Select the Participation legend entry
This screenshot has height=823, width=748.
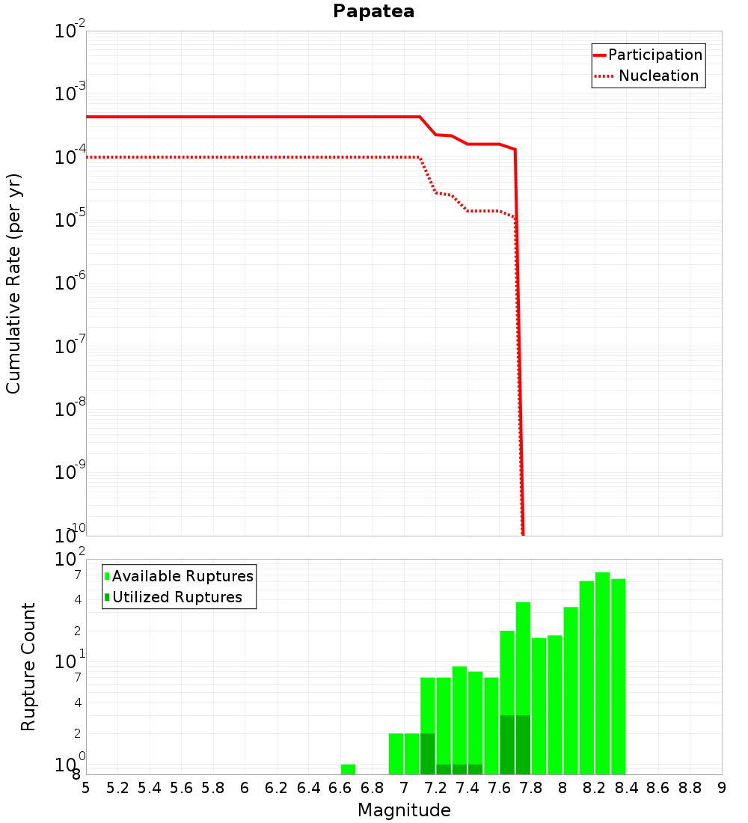[x=655, y=55]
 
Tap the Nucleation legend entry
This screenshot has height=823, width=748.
[x=658, y=76]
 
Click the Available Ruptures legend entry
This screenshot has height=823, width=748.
[x=183, y=576]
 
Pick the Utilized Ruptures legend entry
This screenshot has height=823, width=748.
[x=177, y=597]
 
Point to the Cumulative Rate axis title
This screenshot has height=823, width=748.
[x=13, y=283]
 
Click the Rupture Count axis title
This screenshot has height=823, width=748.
[x=28, y=667]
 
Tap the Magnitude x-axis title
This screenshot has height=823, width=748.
[x=404, y=810]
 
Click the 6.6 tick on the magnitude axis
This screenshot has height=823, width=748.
[x=340, y=788]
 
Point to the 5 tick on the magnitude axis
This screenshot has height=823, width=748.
[x=86, y=788]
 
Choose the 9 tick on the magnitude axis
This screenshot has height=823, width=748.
[x=722, y=788]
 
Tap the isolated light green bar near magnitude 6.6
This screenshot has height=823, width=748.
[x=348, y=769]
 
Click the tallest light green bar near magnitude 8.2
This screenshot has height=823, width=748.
[x=602, y=673]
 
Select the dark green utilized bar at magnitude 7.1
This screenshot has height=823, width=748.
[x=427, y=753]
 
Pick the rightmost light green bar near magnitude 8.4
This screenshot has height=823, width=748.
[x=618, y=676]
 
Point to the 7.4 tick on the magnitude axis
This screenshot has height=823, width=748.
[x=467, y=788]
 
